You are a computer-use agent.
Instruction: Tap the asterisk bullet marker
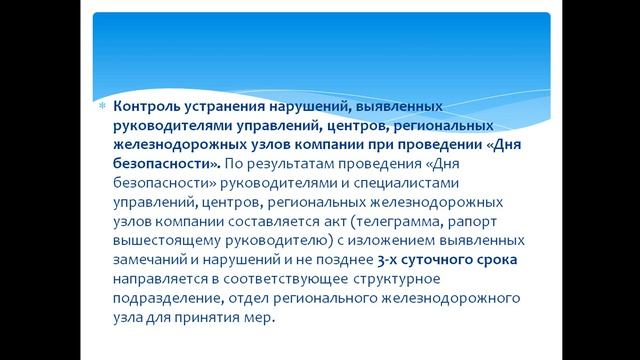(x=103, y=107)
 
